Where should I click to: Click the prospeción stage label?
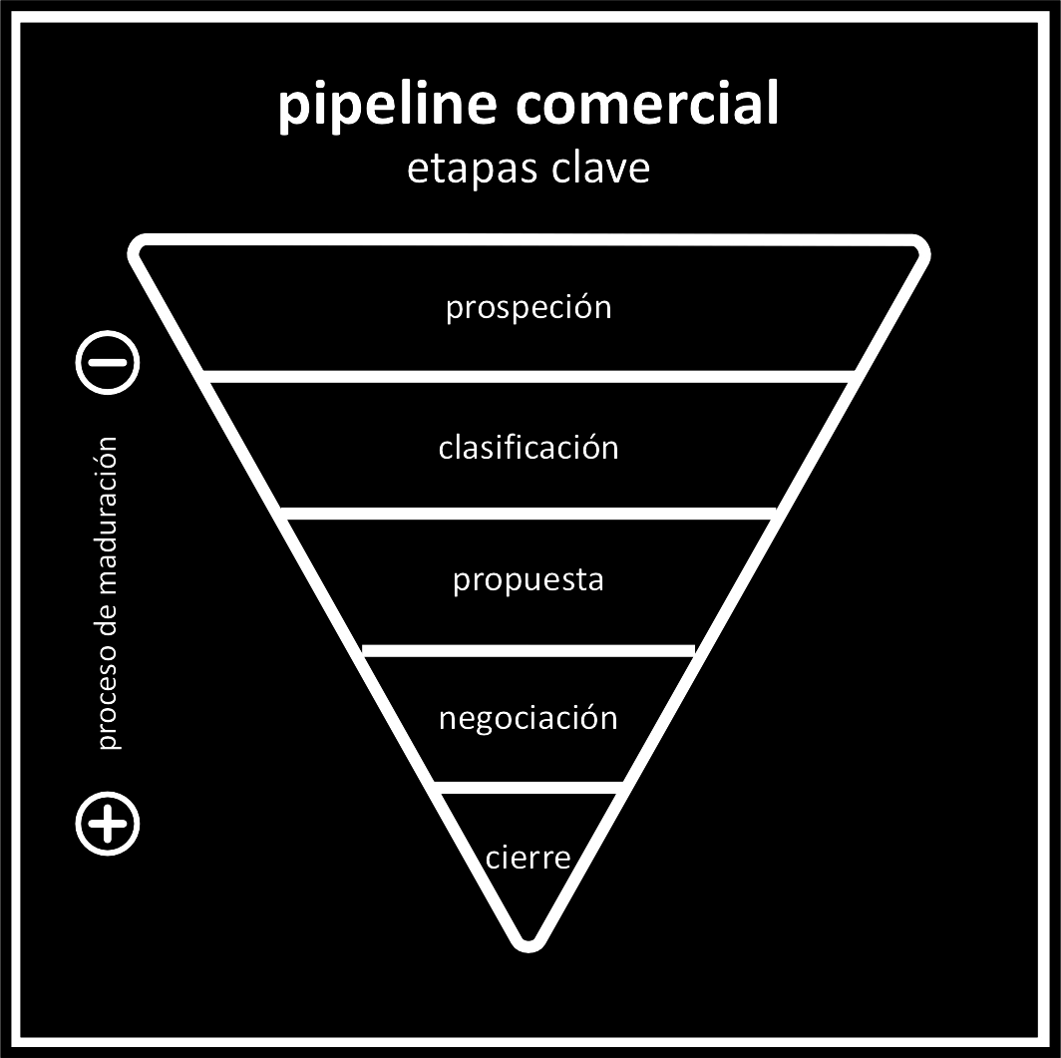529,307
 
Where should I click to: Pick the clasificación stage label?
529,447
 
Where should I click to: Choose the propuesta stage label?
529,580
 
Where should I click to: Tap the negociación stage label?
529,718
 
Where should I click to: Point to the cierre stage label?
529,857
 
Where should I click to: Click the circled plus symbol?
108,824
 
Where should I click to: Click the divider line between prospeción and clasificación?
529,376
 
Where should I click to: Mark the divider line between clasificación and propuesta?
529,513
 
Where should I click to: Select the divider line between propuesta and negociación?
529,650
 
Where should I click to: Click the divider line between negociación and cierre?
529,787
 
